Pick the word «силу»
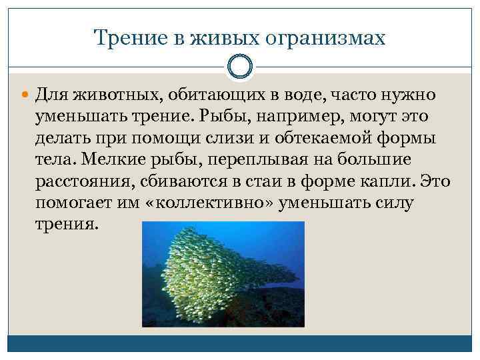(397, 203)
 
